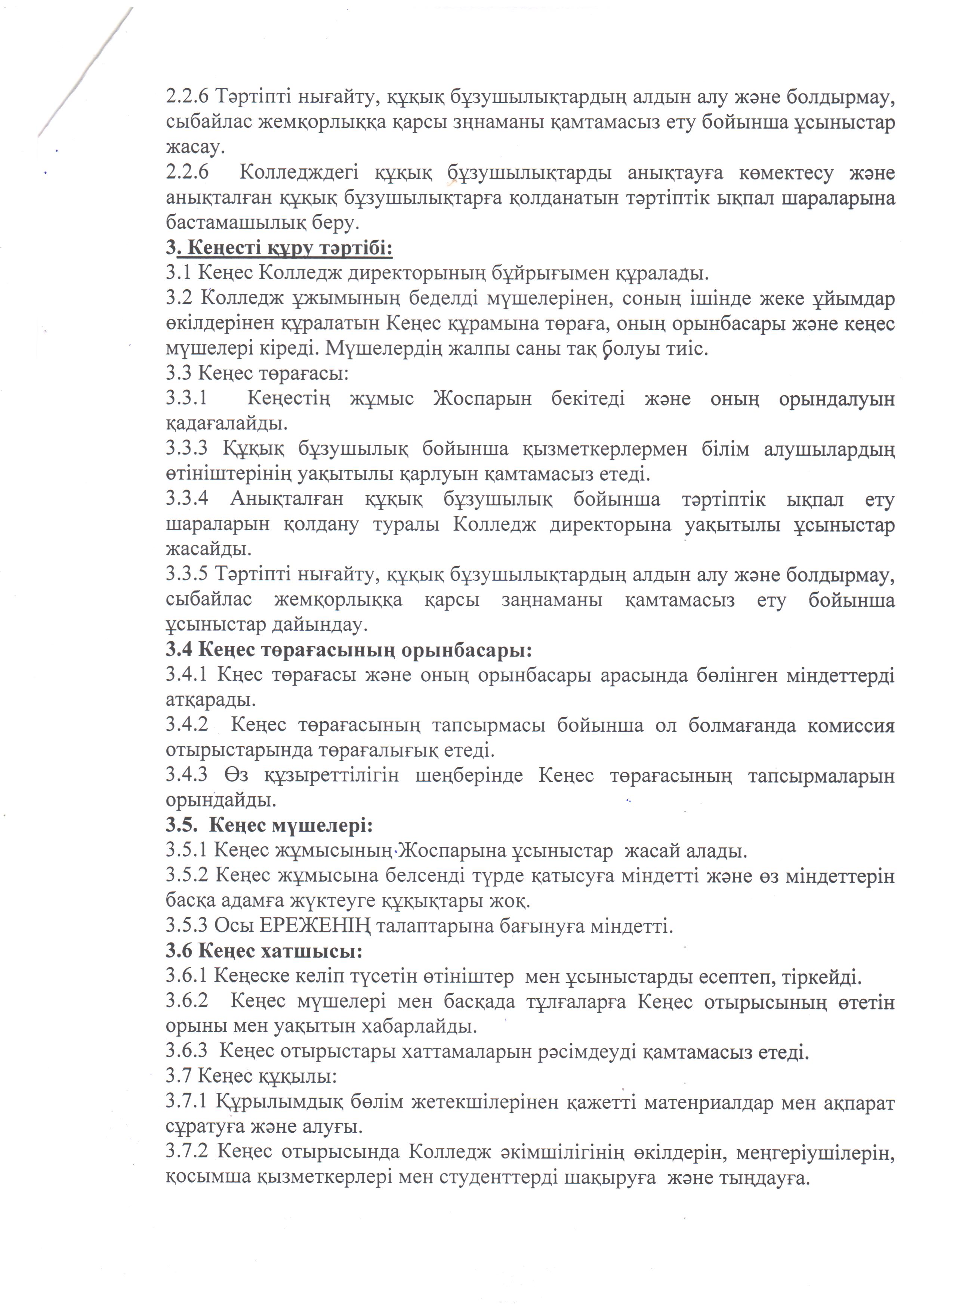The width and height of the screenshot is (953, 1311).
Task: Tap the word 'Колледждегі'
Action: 298,173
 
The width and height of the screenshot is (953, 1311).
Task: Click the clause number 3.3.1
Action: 186,399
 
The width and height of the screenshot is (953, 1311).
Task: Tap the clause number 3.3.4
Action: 186,499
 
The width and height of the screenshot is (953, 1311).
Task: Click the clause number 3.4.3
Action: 186,775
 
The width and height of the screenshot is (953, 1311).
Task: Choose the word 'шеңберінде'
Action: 469,775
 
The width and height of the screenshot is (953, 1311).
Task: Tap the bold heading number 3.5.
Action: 181,826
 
